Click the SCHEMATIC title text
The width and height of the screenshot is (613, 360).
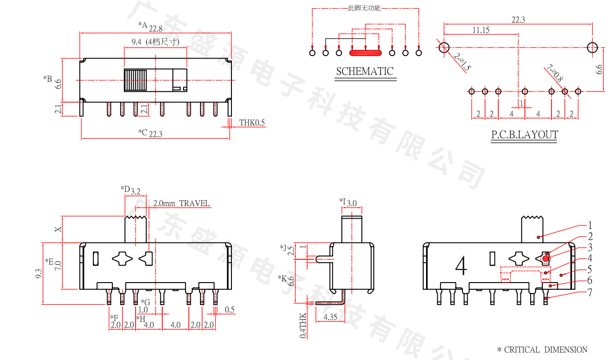click(x=365, y=72)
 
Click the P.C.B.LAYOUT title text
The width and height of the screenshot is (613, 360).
click(x=524, y=135)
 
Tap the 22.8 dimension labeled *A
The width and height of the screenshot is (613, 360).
click(x=155, y=29)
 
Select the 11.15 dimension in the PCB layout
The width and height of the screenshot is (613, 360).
click(x=481, y=30)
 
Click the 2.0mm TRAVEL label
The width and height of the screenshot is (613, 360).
click(x=182, y=203)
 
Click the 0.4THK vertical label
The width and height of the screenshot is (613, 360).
click(x=303, y=325)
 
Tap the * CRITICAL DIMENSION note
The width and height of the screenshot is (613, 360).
click(x=542, y=350)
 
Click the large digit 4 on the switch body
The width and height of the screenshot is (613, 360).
click(x=461, y=266)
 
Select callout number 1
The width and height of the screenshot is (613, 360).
click(x=590, y=225)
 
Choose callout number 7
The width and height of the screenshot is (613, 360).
click(x=590, y=292)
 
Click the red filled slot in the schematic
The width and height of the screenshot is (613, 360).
click(x=366, y=52)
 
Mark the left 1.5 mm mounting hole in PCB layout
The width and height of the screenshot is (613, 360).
click(x=444, y=47)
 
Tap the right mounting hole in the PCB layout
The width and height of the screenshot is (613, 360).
click(x=592, y=47)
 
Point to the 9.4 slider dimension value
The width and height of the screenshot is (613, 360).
click(x=136, y=42)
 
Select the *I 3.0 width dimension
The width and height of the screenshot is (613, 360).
click(x=352, y=203)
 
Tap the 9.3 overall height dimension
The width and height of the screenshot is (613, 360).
click(x=38, y=274)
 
